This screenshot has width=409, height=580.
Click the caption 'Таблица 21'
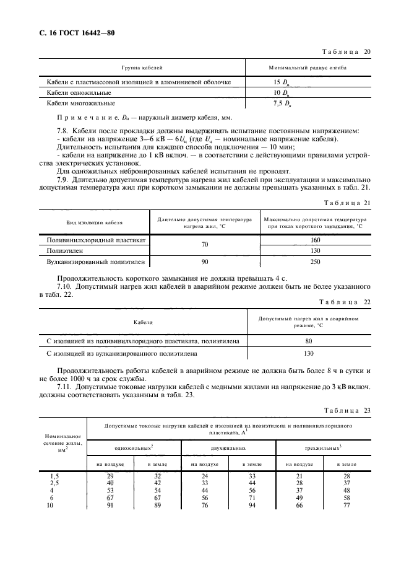[x=347, y=203]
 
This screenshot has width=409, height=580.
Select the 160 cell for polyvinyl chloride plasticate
[x=316, y=240]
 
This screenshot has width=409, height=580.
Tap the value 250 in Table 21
[x=316, y=261]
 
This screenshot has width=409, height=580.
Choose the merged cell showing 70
[x=205, y=245]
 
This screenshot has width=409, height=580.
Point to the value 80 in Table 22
[x=309, y=341]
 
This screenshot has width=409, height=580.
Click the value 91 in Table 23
[x=111, y=505]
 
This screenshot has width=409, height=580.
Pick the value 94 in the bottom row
[x=251, y=505]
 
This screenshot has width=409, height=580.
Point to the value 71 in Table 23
[x=251, y=498]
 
